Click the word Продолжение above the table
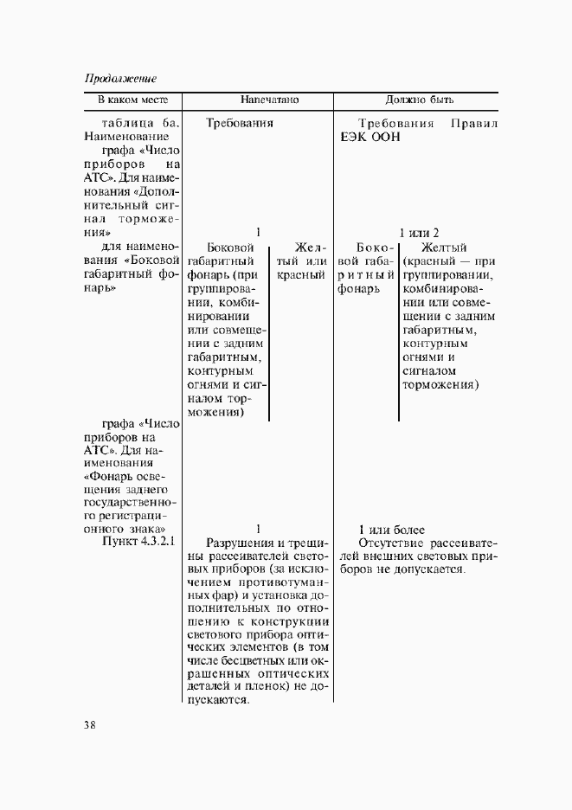tap(120, 79)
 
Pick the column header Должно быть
tap(420, 100)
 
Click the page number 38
tap(91, 724)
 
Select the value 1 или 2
tap(419, 233)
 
